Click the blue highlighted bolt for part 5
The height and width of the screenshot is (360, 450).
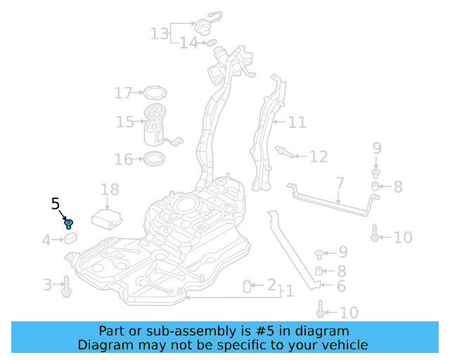click(69, 224)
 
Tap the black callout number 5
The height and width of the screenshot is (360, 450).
click(56, 205)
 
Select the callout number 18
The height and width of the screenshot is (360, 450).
click(110, 189)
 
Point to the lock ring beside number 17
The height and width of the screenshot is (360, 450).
click(153, 92)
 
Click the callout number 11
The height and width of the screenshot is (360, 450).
click(297, 123)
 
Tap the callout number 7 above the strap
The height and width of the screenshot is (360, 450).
click(340, 184)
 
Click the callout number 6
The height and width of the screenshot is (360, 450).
click(341, 286)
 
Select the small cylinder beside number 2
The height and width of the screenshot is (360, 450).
click(248, 285)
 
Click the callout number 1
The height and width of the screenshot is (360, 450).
click(289, 291)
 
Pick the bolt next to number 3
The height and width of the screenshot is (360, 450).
click(67, 286)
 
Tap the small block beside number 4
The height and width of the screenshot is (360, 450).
click(70, 240)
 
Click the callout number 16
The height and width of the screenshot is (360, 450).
click(123, 160)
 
